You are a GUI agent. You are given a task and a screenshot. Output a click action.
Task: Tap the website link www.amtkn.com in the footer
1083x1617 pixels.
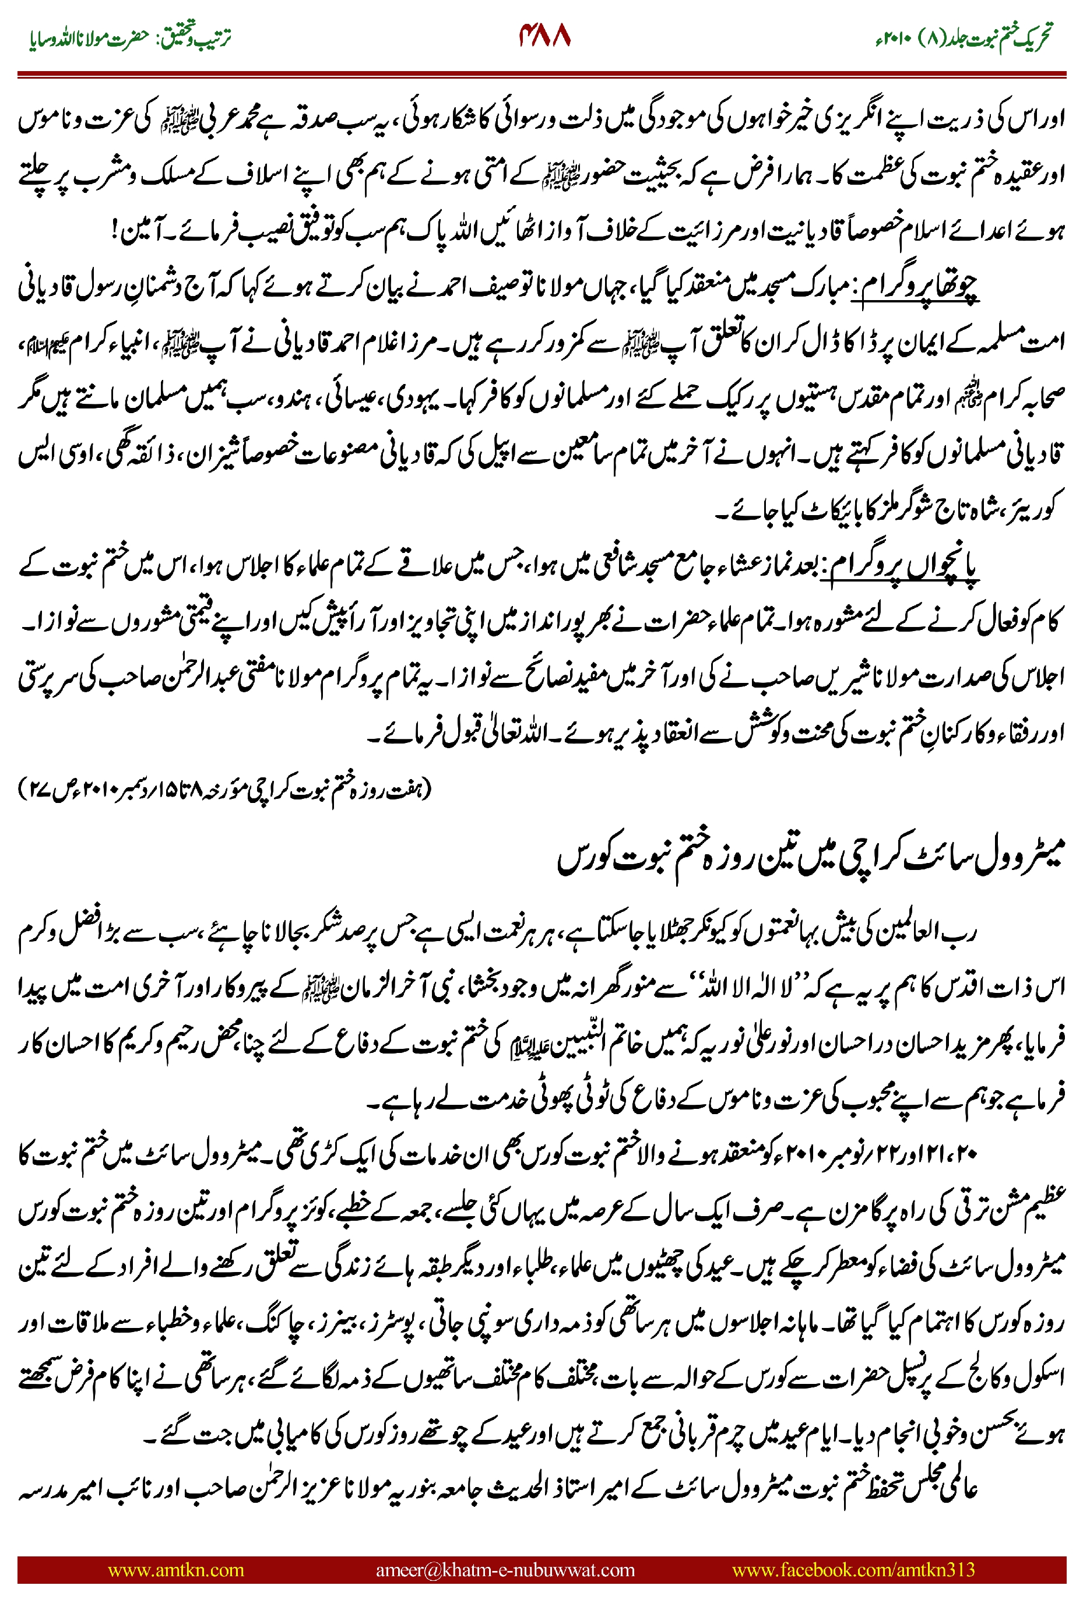pos(175,1569)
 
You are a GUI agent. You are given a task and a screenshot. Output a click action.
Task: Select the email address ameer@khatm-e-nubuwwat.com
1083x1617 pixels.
pos(505,1569)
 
